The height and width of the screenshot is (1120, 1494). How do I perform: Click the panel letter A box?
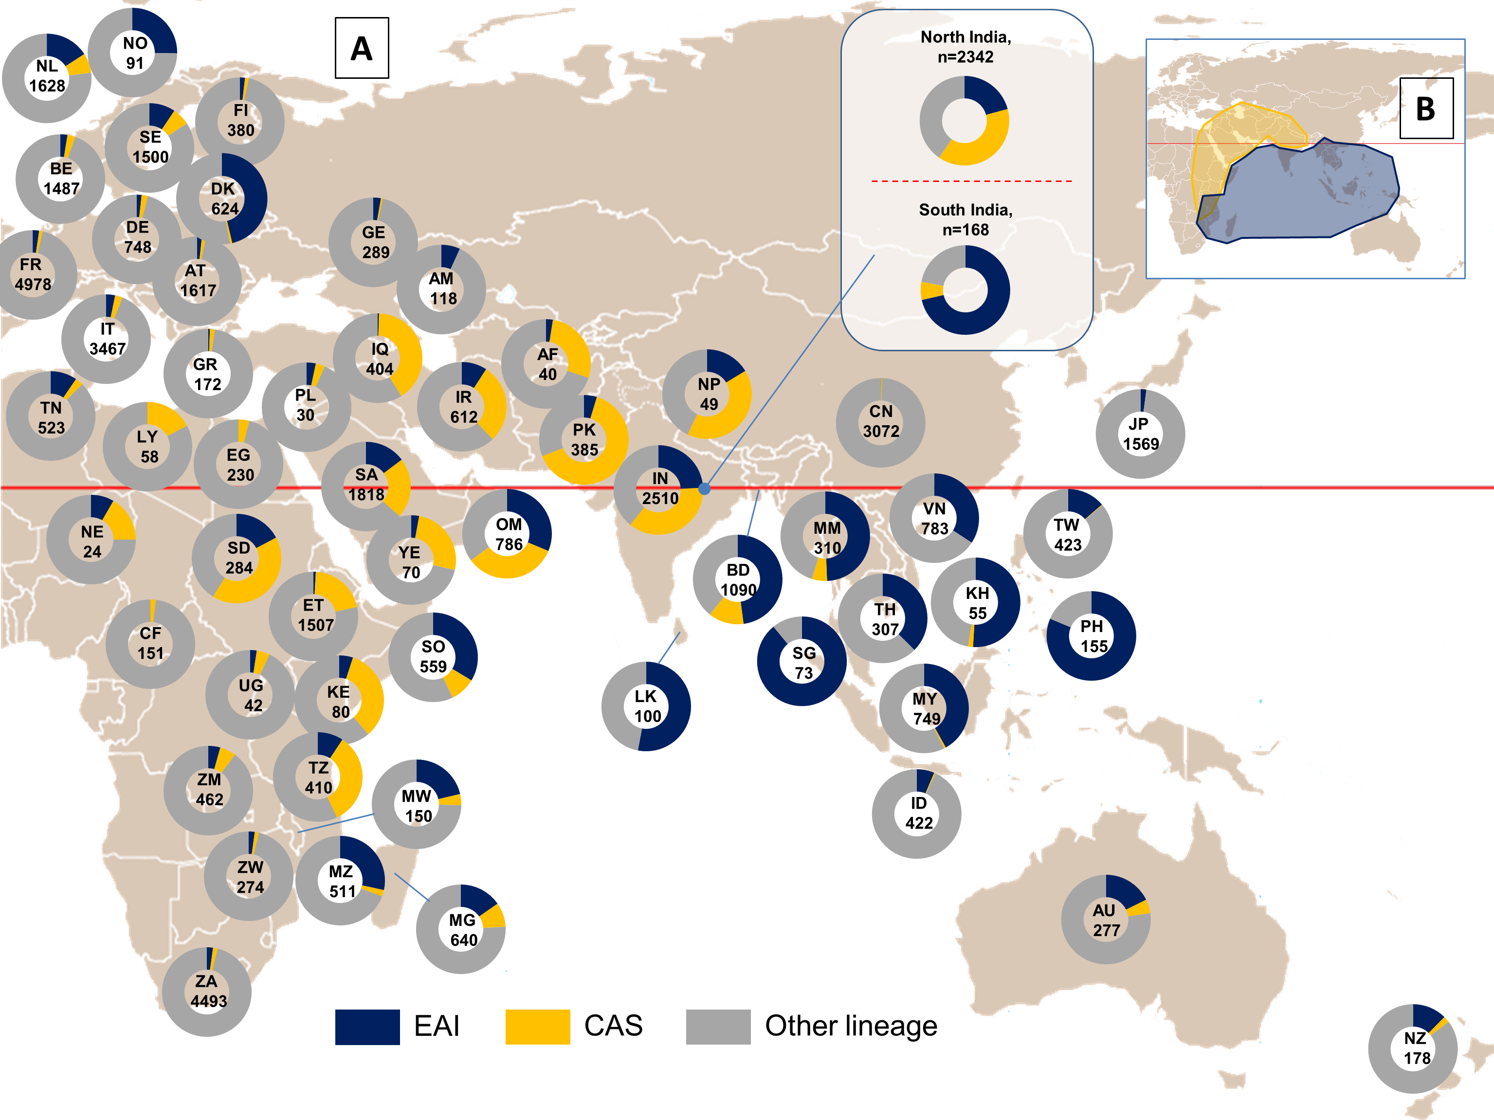tap(362, 48)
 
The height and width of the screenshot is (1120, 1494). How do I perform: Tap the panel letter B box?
tap(1426, 108)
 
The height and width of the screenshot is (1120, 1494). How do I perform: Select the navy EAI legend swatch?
tap(367, 1026)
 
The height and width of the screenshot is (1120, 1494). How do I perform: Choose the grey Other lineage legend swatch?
tap(717, 1026)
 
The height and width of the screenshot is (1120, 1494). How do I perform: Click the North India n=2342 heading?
tap(966, 47)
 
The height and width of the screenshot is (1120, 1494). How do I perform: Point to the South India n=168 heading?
tap(966, 219)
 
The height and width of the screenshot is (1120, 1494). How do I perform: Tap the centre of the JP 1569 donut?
tap(1140, 434)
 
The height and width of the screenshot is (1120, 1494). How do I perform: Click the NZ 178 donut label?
tap(1416, 1048)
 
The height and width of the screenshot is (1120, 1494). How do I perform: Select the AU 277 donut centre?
tap(1106, 920)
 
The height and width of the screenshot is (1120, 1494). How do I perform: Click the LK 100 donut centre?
tap(646, 706)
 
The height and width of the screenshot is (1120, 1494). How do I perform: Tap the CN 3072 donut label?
tap(881, 421)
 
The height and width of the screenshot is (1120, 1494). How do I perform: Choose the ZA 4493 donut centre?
tap(207, 991)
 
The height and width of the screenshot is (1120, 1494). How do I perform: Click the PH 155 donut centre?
tap(1092, 636)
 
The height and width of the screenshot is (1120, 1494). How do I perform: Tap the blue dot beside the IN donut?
tap(705, 488)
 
